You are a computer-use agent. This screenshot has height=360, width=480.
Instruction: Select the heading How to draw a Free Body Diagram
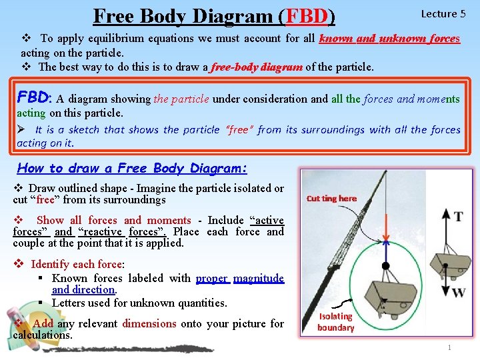click(x=132, y=168)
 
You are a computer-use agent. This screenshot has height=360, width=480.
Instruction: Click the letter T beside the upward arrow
click(x=458, y=217)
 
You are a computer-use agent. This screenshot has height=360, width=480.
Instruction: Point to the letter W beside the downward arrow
click(x=458, y=292)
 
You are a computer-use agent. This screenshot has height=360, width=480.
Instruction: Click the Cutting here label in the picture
click(x=331, y=199)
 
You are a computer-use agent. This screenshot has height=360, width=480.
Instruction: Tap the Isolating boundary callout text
click(x=335, y=322)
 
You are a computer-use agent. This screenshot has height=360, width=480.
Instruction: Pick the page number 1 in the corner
click(x=449, y=348)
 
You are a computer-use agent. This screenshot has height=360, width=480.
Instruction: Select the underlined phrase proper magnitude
click(x=240, y=278)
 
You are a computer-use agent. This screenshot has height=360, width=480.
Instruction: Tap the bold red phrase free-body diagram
click(x=257, y=67)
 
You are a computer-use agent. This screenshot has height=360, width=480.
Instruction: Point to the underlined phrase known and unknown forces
click(x=389, y=39)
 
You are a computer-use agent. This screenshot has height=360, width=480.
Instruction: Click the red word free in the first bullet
click(x=45, y=199)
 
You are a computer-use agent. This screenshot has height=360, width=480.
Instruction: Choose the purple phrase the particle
click(x=181, y=99)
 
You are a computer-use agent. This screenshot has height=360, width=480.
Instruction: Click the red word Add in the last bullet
click(x=43, y=323)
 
